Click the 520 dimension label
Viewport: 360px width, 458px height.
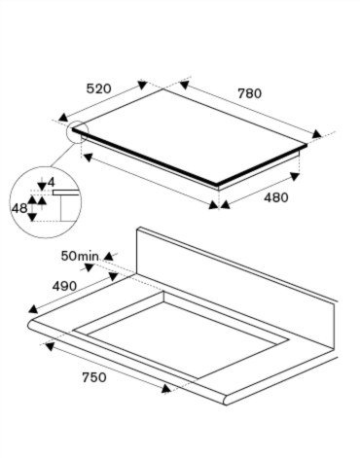99,88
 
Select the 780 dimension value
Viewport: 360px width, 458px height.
250,93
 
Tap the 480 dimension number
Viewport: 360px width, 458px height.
276,197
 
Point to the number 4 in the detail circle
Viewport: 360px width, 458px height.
52,183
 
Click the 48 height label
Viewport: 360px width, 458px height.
19,208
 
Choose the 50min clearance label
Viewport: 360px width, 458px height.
80,256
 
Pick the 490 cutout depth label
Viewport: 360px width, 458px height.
64,286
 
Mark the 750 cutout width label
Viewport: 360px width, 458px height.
94,377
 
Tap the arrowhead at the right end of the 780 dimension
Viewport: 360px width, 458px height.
316,133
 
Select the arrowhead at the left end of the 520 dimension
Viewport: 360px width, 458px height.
62,118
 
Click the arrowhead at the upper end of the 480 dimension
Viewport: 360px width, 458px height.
295,176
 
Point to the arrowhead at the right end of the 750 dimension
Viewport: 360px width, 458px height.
166,389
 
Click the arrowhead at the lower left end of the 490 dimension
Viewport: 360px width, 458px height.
33,309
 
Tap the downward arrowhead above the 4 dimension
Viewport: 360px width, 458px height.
42,186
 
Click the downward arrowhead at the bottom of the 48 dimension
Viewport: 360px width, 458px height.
32,217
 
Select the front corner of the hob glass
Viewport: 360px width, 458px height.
217,185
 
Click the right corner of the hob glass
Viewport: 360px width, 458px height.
306,146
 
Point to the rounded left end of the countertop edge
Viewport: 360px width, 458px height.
30,325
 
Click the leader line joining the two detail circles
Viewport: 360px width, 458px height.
63,155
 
